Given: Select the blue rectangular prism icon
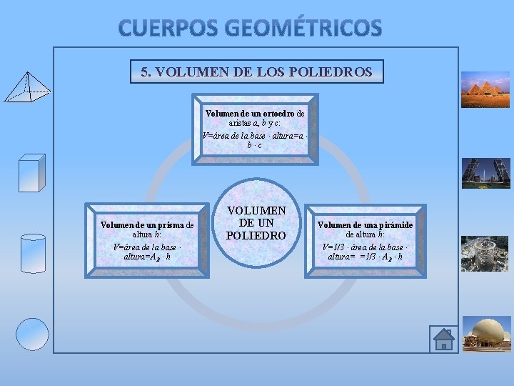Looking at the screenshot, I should pyautogui.click(x=31, y=172).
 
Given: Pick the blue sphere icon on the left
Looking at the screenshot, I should pyautogui.click(x=33, y=334).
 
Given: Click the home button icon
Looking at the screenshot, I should pyautogui.click(x=443, y=339).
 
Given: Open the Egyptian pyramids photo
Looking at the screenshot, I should pyautogui.click(x=485, y=89).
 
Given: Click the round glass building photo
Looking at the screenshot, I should pyautogui.click(x=485, y=254).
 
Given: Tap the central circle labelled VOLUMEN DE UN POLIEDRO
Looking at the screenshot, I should pyautogui.click(x=256, y=223).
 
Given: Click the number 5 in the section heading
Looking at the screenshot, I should pyautogui.click(x=144, y=72).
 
